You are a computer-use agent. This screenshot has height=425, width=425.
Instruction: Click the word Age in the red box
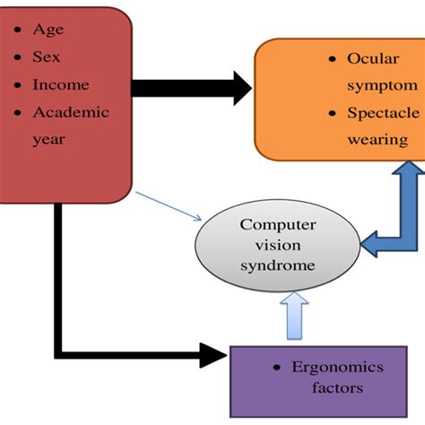pos(48,30)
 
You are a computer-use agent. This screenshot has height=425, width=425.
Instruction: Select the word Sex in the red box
pos(47,58)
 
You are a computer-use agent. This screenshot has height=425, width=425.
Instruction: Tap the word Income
pos(60,85)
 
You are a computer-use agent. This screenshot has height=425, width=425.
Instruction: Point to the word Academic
pos(70,112)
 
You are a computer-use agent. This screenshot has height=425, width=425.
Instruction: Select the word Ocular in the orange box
pos(370,59)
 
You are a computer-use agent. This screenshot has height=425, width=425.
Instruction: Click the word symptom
pos(383,86)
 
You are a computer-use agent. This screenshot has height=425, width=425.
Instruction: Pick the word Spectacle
pos(382,114)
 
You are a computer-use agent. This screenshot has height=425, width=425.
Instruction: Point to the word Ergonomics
pos(336,368)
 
